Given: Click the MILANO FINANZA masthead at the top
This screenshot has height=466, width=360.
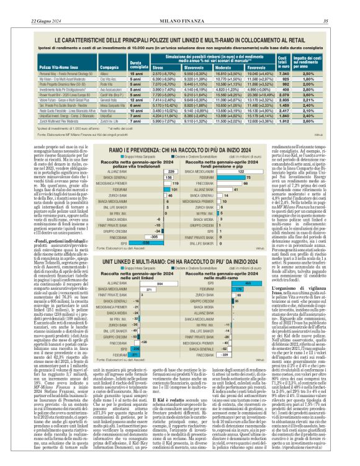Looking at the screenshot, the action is click(180, 4).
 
